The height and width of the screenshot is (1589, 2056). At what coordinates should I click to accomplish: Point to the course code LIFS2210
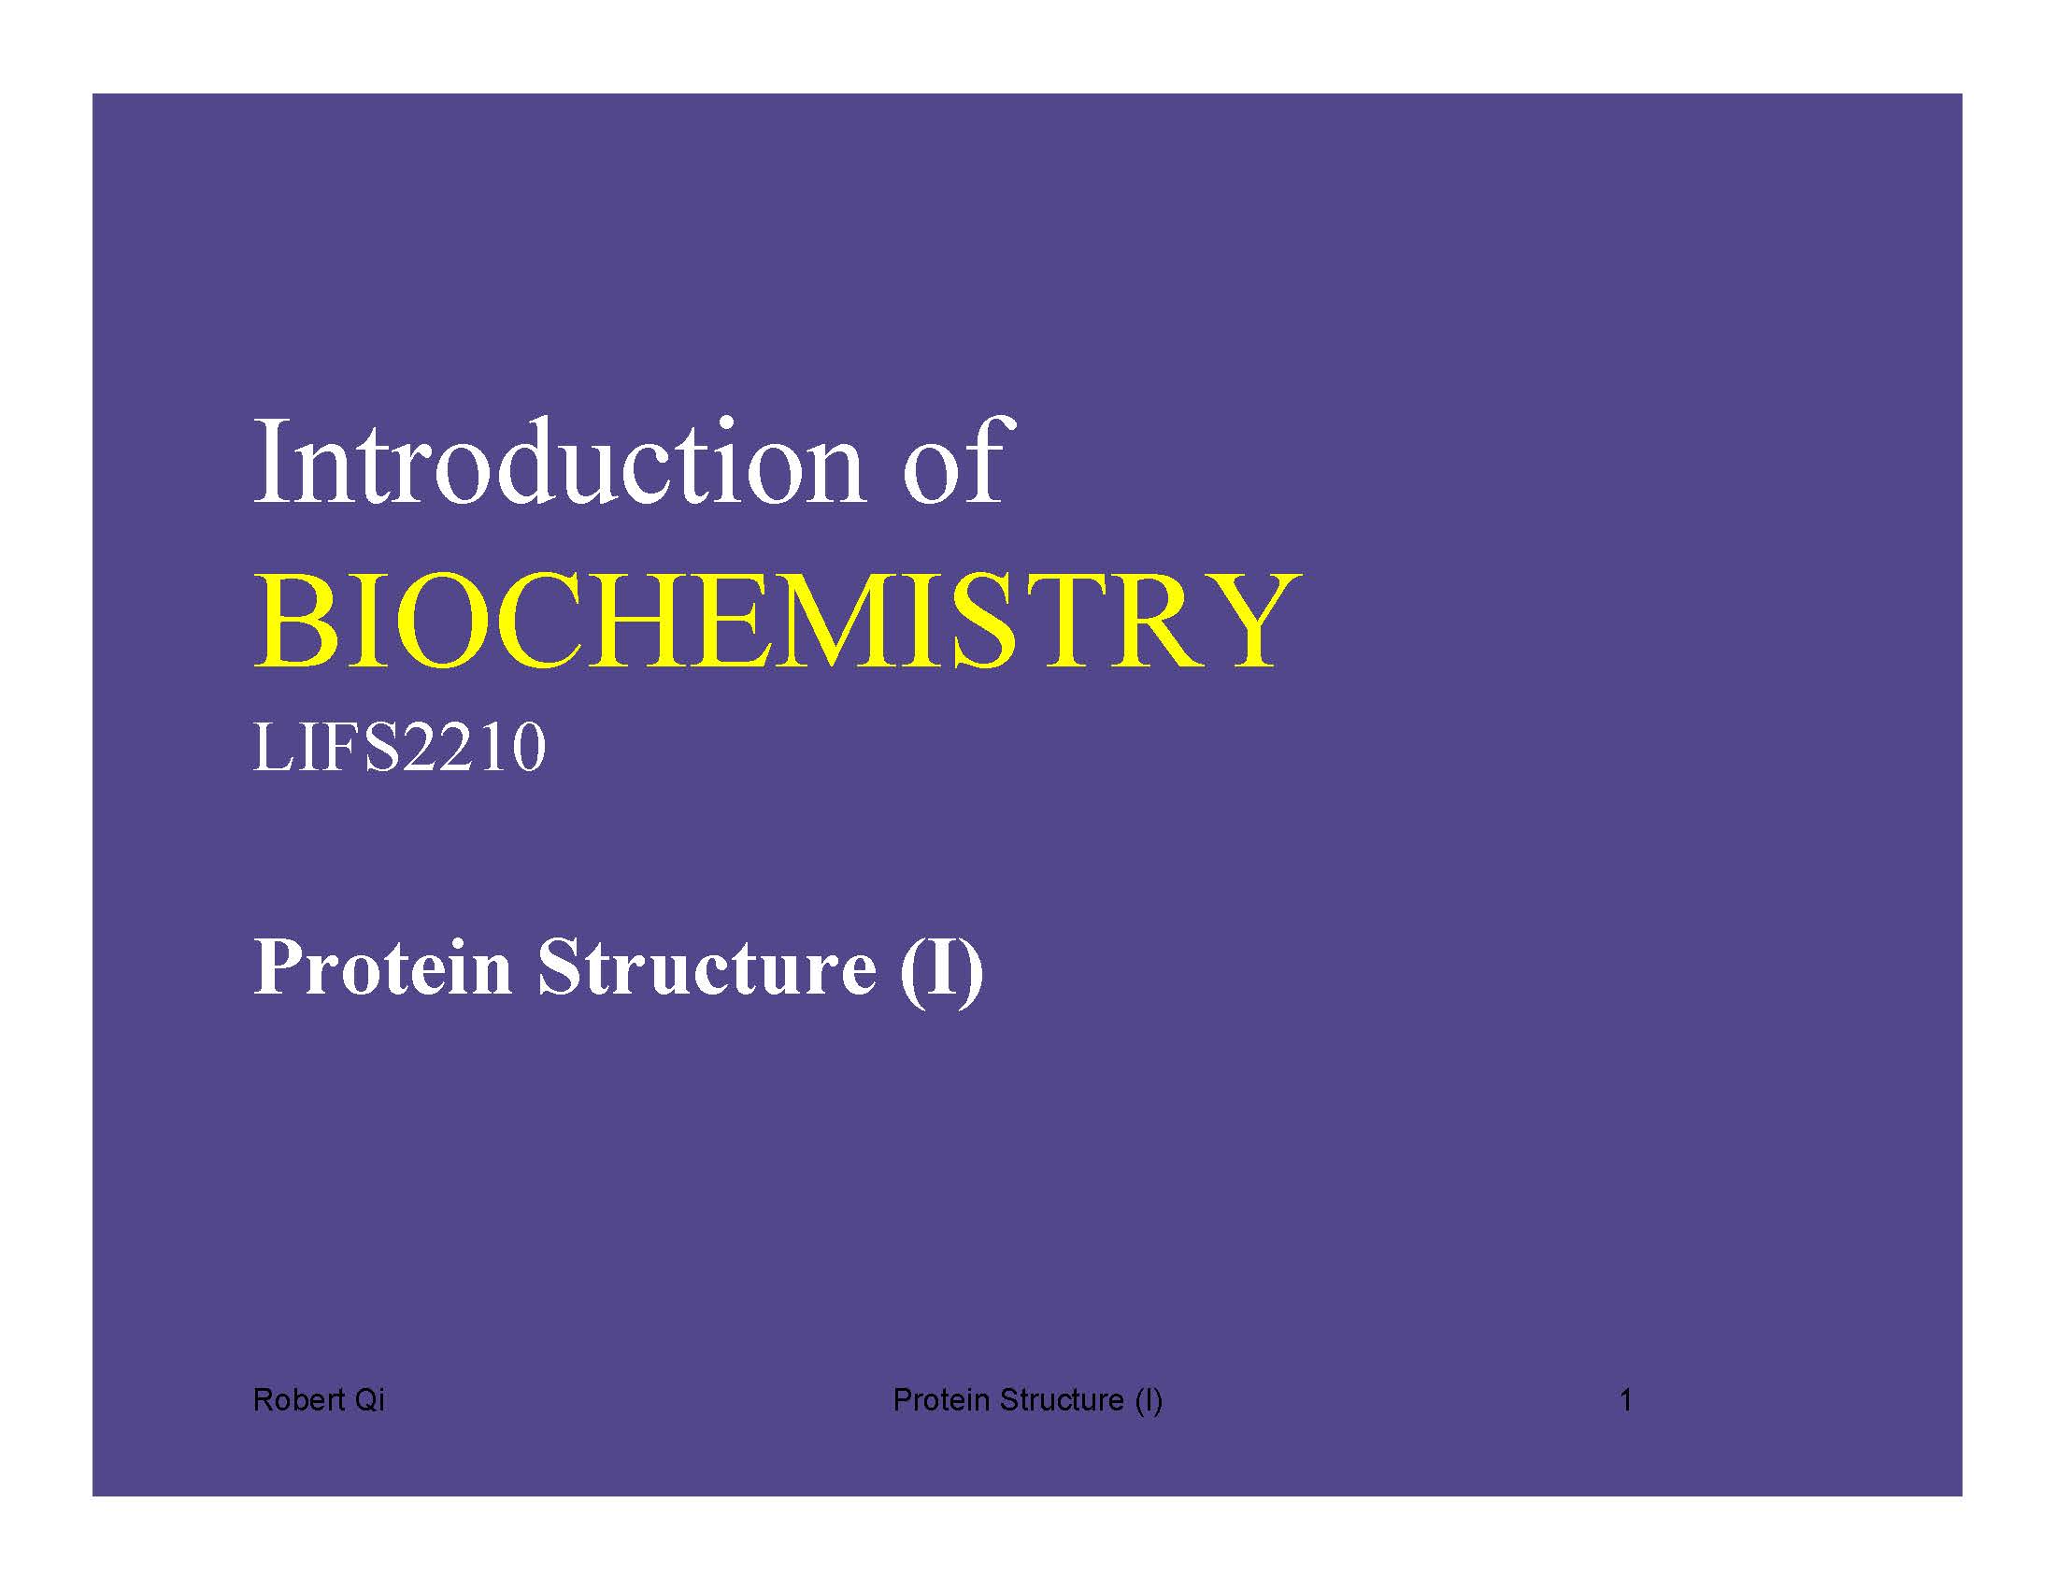[399, 749]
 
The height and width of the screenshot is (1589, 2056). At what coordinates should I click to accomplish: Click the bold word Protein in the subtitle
[383, 966]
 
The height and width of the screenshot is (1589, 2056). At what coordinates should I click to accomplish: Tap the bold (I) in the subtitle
[941, 969]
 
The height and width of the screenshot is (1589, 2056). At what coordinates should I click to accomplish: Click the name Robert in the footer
[298, 1400]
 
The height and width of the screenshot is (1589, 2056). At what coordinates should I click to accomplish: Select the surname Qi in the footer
[369, 1400]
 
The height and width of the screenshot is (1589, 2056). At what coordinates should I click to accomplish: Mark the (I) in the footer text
[1149, 1401]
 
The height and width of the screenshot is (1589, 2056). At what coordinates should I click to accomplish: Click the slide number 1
[1626, 1400]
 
